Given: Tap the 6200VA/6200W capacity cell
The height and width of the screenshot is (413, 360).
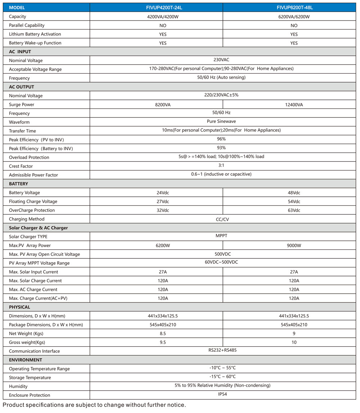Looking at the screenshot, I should click(294, 17).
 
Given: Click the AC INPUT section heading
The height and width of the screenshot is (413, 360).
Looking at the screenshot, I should click(20, 52).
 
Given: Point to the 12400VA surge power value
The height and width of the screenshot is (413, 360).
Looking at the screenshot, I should click(294, 105).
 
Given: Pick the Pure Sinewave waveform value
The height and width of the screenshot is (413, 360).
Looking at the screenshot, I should click(221, 121).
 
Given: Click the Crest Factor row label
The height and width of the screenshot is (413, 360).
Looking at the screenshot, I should click(21, 166).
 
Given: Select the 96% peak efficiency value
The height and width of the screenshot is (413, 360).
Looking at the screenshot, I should click(221, 139).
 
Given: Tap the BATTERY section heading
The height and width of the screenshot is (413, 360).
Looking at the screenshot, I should click(19, 184).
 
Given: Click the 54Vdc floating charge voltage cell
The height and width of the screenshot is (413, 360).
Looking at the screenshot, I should click(294, 201).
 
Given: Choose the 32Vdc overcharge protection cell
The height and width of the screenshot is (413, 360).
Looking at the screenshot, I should click(163, 210).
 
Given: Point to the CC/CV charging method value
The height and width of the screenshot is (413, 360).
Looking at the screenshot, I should click(221, 219).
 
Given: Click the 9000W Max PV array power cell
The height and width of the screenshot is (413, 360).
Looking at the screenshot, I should click(294, 245).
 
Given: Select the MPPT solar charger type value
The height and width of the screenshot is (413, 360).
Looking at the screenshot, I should click(221, 236).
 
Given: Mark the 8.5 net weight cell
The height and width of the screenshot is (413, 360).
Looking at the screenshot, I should click(163, 333).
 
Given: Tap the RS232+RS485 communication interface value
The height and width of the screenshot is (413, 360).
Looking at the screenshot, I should click(221, 350).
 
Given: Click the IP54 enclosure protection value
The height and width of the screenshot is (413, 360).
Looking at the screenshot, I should click(221, 394).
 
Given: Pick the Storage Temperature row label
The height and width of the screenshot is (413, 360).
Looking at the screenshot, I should click(30, 378).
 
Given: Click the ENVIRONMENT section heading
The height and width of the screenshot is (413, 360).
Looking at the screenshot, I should click(26, 360).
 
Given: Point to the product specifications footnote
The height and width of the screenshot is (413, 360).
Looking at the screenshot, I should click(94, 405).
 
